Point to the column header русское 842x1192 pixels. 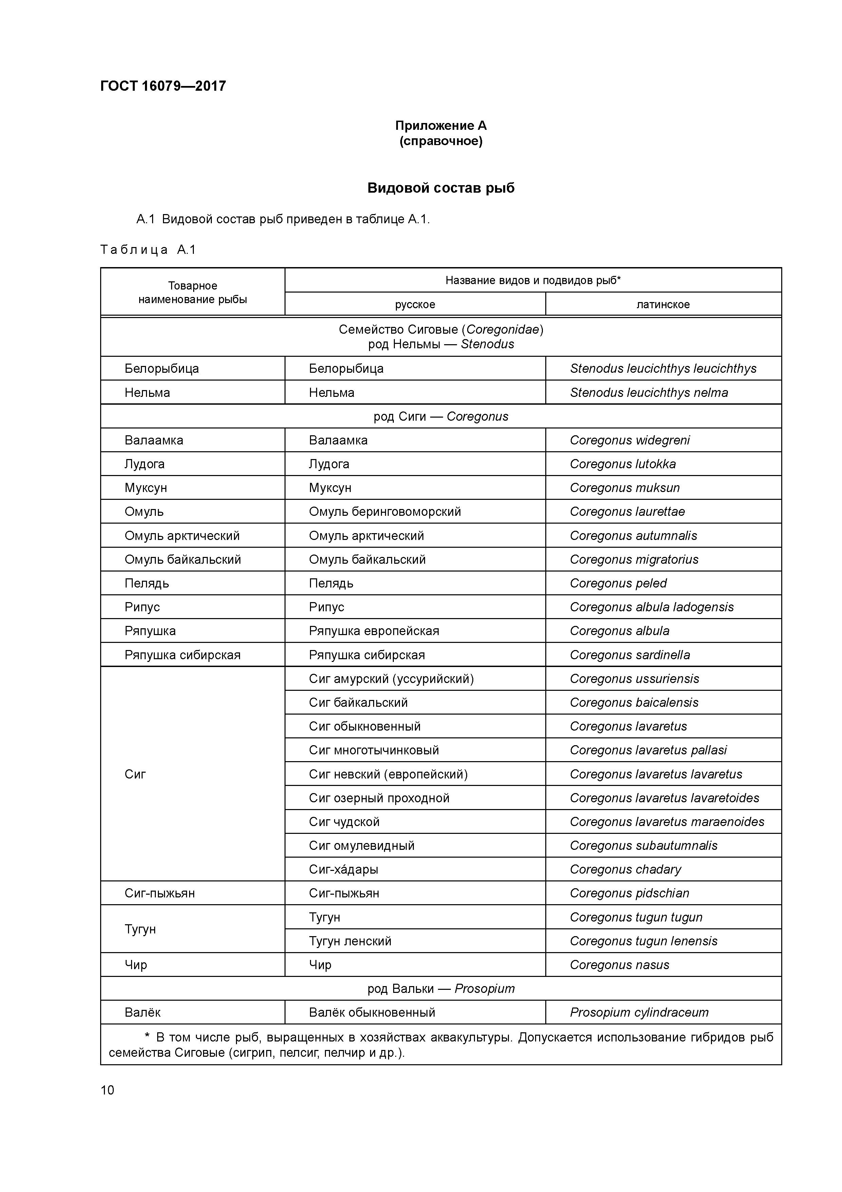pos(415,304)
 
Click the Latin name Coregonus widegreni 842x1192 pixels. pos(629,440)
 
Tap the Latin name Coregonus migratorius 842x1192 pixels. pos(634,559)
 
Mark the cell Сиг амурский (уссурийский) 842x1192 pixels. pos(391,679)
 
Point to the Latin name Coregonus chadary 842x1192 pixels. pos(625,870)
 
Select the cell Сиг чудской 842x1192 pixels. pos(344,822)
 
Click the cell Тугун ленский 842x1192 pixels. pos(350,941)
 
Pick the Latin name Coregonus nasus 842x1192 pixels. pos(619,965)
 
